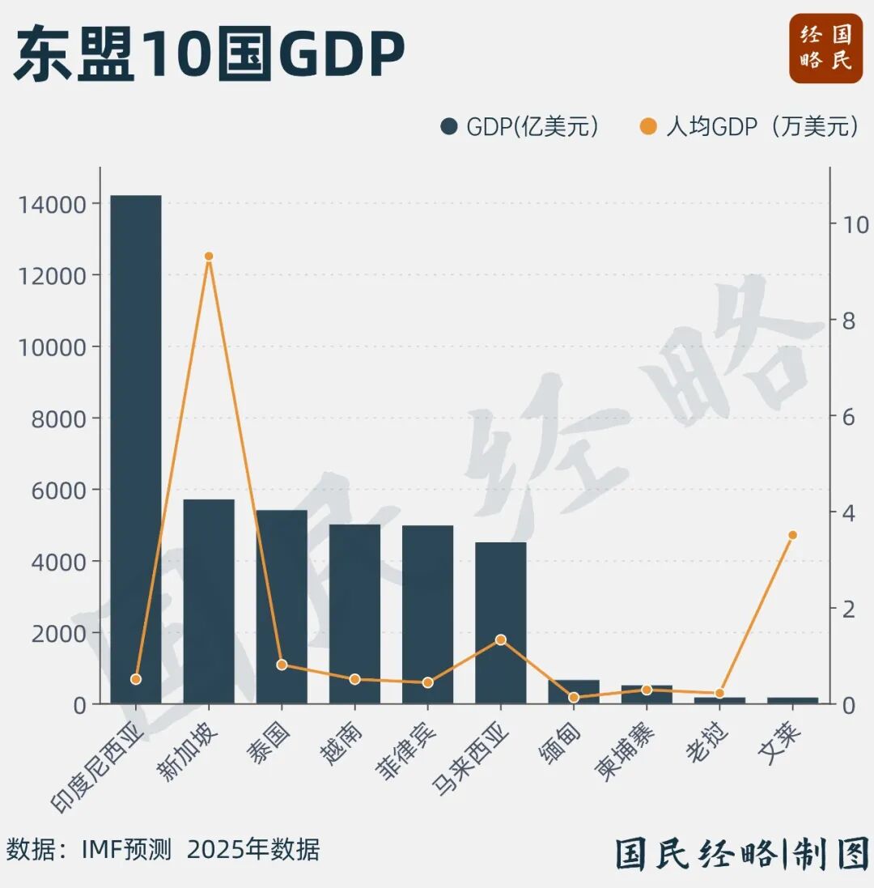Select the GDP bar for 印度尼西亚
136,449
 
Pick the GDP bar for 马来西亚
500,622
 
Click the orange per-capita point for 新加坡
209,256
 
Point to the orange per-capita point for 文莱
792,535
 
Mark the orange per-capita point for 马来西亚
500,639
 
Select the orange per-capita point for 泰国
282,665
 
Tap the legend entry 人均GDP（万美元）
749,127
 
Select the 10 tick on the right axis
855,224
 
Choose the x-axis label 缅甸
557,741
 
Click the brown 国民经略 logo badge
825,48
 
